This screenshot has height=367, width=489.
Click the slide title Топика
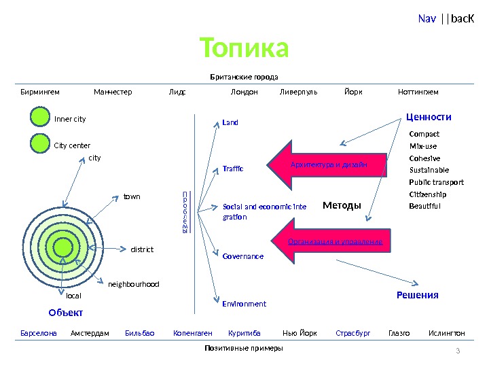pyautogui.click(x=244, y=48)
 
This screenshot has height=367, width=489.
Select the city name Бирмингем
pyautogui.click(x=40, y=92)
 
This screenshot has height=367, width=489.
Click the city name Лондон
pyautogui.click(x=244, y=92)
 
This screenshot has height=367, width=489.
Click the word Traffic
pyautogui.click(x=233, y=167)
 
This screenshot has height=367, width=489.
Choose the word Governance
pyautogui.click(x=242, y=256)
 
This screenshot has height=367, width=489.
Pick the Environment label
pyautogui.click(x=244, y=304)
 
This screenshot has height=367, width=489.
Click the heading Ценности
pyautogui.click(x=429, y=117)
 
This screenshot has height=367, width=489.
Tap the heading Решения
pyautogui.click(x=417, y=295)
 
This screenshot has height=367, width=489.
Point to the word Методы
pyautogui.click(x=342, y=205)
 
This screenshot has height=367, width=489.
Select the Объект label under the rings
pyautogui.click(x=66, y=313)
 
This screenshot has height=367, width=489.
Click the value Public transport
pyautogui.click(x=436, y=182)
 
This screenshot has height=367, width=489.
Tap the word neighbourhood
pyautogui.click(x=134, y=284)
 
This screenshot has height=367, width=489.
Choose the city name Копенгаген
pyautogui.click(x=193, y=334)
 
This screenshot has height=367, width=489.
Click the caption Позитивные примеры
pyautogui.click(x=243, y=348)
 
